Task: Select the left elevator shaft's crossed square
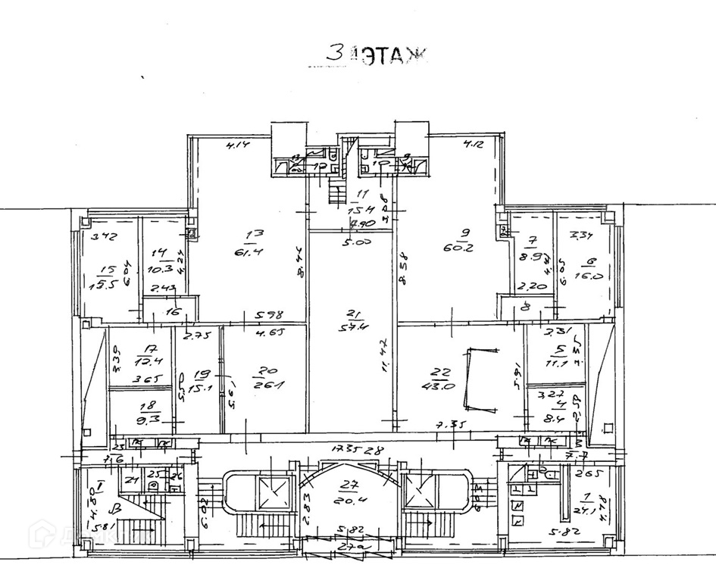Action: click(270, 493)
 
